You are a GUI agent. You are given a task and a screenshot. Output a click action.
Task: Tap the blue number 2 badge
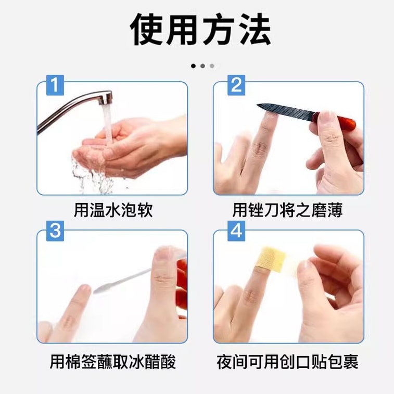pyautogui.click(x=237, y=85)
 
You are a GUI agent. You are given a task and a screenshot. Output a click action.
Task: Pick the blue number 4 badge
pyautogui.click(x=237, y=231)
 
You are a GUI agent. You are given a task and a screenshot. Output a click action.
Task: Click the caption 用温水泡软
pyautogui.click(x=113, y=210)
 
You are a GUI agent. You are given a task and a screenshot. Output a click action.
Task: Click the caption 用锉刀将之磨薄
pyautogui.click(x=287, y=210)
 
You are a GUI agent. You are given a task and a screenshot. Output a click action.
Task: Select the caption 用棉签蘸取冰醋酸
pyautogui.click(x=113, y=361)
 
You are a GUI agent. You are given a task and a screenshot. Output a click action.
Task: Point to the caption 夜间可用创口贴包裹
pyautogui.click(x=287, y=361)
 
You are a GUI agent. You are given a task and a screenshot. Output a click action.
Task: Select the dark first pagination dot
pyautogui.click(x=193, y=66)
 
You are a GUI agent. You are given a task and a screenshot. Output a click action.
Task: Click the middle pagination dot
pyautogui.click(x=202, y=66)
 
